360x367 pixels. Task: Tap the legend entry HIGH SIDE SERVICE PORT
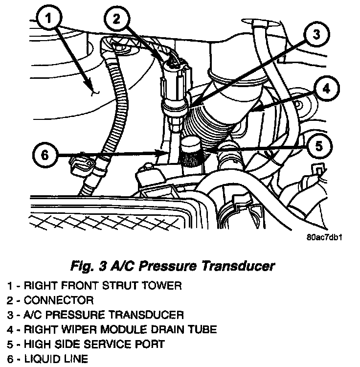(85, 344)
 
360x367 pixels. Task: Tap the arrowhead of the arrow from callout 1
(93, 90)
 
